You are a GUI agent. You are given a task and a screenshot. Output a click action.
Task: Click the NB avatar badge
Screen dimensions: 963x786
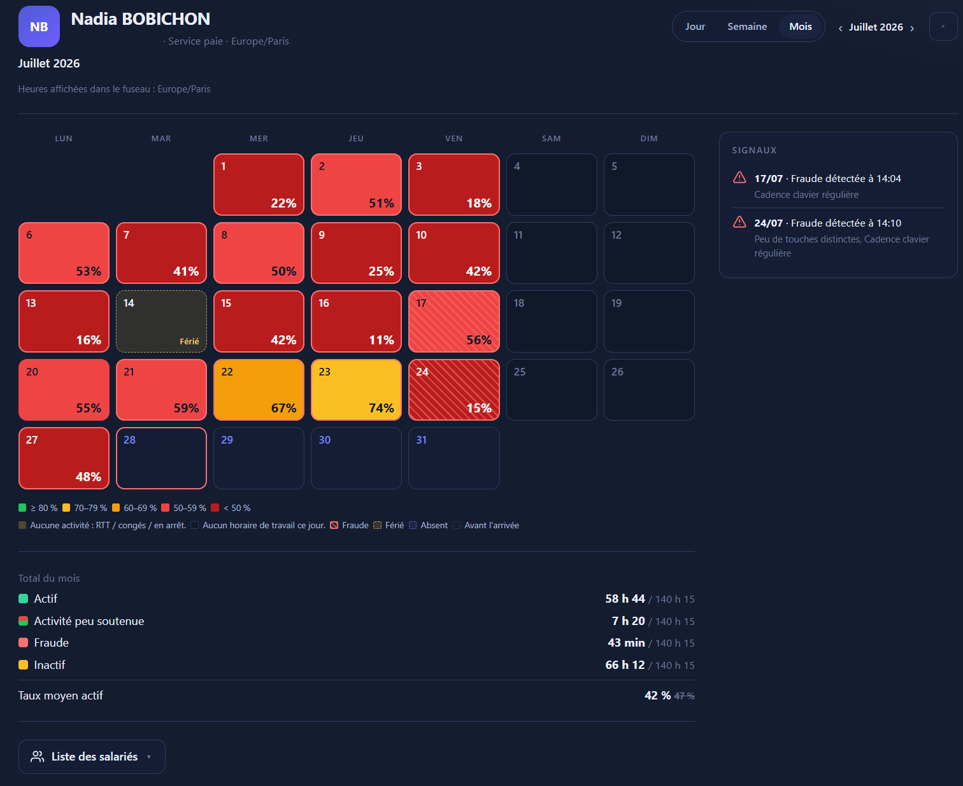click(x=39, y=27)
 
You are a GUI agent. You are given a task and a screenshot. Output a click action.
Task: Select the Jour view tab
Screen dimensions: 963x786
click(x=694, y=27)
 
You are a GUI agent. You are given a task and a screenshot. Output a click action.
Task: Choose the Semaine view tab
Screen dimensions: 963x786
click(x=746, y=27)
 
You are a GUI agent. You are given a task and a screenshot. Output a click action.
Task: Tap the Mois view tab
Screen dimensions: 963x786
click(x=800, y=27)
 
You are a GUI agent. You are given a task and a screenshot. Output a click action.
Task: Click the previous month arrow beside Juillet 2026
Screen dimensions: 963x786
click(x=840, y=28)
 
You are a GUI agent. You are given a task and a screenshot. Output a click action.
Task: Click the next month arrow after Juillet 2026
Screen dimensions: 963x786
click(x=912, y=28)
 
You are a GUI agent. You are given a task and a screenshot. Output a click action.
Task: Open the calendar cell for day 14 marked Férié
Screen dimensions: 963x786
click(x=161, y=321)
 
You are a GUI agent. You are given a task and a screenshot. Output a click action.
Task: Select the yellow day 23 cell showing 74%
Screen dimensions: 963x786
click(x=356, y=389)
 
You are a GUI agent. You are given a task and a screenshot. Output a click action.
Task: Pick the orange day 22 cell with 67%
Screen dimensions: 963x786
click(x=259, y=389)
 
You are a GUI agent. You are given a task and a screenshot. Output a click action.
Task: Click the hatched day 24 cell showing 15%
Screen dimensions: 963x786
click(x=454, y=389)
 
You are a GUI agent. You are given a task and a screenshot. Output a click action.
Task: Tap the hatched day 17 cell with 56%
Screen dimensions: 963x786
click(x=454, y=321)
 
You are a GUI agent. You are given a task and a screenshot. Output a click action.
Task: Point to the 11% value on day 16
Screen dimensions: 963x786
click(x=382, y=340)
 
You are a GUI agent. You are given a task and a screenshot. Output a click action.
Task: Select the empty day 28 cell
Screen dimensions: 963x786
click(x=161, y=458)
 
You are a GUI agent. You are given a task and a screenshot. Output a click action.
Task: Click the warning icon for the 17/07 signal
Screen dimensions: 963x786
click(x=739, y=178)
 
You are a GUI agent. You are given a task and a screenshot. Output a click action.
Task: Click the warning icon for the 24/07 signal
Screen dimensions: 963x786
click(x=739, y=222)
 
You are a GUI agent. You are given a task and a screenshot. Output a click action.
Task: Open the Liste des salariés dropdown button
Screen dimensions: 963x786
click(x=92, y=756)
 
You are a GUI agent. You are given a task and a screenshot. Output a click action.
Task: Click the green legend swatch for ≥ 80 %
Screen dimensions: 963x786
click(x=22, y=508)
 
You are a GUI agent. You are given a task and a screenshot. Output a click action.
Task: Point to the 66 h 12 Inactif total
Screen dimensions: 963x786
click(x=625, y=665)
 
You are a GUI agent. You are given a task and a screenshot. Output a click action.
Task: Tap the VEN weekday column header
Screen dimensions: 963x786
click(x=454, y=138)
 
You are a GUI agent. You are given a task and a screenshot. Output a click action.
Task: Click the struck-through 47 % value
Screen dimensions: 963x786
click(x=684, y=696)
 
